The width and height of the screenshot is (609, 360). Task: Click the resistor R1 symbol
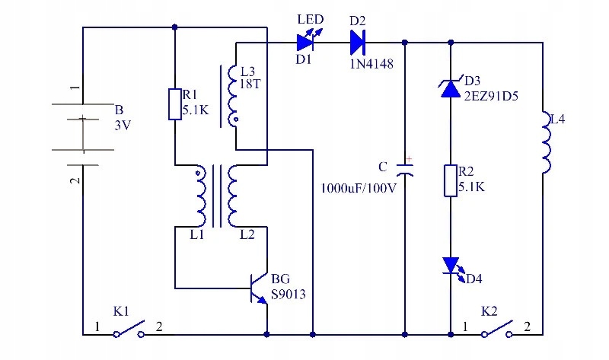(x=174, y=104)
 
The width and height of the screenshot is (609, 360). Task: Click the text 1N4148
(x=371, y=65)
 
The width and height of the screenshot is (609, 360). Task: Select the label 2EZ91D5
(x=490, y=97)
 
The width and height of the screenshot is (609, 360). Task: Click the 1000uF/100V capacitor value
(x=359, y=188)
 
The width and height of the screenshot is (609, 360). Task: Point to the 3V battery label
(x=123, y=125)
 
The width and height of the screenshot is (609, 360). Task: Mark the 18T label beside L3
(x=250, y=84)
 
